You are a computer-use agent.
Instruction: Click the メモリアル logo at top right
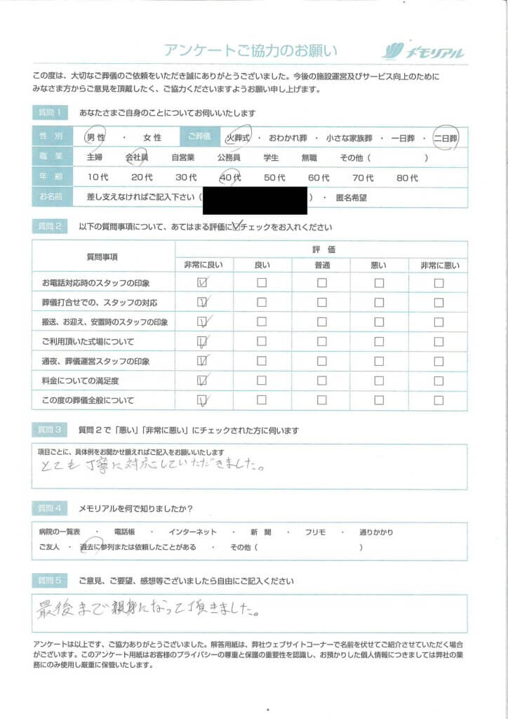click(424, 51)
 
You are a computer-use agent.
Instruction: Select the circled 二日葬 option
click(445, 138)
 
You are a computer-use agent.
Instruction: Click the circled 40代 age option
click(229, 178)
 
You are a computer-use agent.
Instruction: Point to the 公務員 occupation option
click(229, 158)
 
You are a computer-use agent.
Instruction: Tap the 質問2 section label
click(51, 227)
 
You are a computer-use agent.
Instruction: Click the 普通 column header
click(321, 264)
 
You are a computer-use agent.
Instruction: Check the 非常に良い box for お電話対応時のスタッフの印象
click(203, 283)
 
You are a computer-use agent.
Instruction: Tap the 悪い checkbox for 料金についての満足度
click(380, 381)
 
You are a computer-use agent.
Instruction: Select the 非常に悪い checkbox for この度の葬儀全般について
click(439, 400)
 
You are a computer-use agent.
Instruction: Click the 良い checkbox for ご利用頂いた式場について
click(262, 342)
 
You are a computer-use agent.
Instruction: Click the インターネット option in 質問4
click(193, 532)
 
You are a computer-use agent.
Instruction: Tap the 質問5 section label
click(51, 581)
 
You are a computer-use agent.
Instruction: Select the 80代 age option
click(407, 178)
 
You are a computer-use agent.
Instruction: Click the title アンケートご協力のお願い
click(250, 51)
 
